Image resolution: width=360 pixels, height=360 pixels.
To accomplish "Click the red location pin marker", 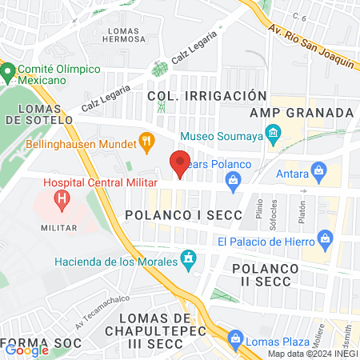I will pos(180,163).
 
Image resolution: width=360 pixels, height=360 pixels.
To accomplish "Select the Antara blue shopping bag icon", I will pos(319,170).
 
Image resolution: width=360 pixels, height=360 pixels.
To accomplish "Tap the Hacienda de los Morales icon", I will pos(189,258).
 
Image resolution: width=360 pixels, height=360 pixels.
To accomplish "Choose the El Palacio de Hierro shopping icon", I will pos(325,238).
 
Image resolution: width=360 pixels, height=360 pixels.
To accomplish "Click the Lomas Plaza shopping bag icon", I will pos(234,338).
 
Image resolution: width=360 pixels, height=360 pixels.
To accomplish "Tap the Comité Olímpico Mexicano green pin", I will pos(8,74).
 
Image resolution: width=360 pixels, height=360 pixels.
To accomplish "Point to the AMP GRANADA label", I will pos(302,113).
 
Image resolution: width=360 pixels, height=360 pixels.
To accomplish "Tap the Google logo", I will pos(27,349).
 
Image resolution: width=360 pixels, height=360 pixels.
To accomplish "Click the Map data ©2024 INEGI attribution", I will pos(312,354).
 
